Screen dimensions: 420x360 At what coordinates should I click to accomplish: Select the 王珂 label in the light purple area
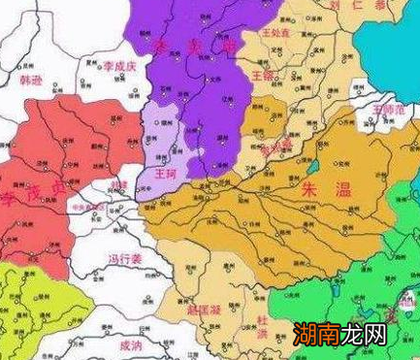(x=166, y=174)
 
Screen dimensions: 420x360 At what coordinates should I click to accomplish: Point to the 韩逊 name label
(x=32, y=81)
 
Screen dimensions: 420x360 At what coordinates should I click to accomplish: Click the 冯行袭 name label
(x=125, y=258)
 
